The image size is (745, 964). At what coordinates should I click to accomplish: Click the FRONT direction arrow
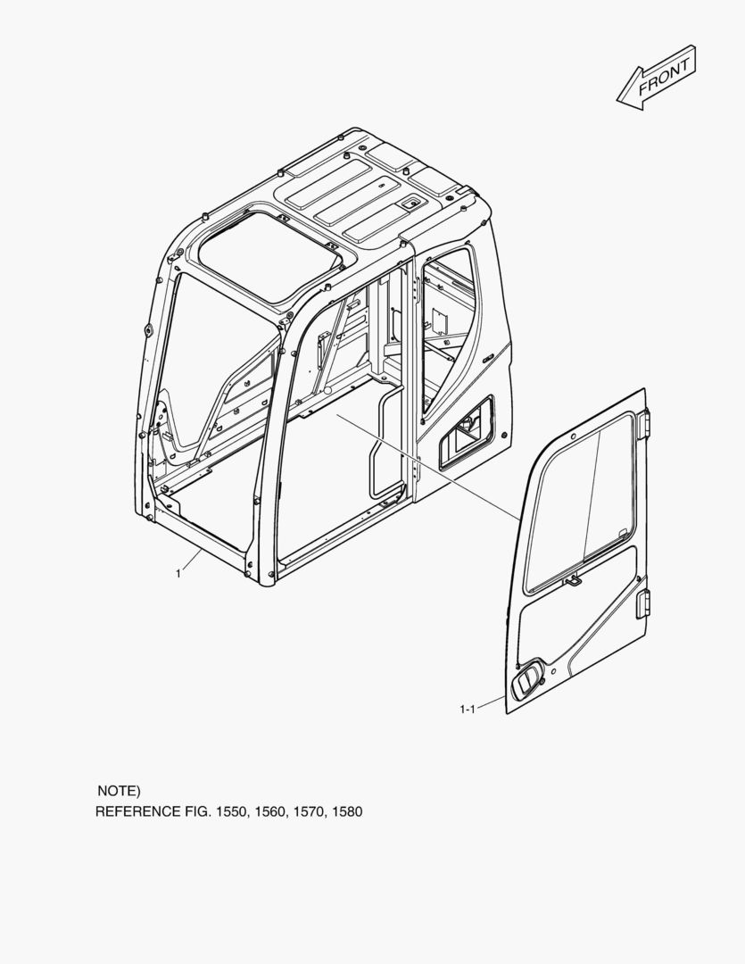[x=657, y=78]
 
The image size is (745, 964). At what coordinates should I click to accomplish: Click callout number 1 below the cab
[x=178, y=574]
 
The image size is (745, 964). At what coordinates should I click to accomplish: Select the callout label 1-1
[x=468, y=710]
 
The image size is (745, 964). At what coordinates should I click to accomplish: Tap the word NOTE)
[x=120, y=791]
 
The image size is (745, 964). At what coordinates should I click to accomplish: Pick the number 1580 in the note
[x=347, y=811]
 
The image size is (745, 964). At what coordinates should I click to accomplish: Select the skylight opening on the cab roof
[x=269, y=255]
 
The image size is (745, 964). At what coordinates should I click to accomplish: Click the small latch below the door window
[x=573, y=579]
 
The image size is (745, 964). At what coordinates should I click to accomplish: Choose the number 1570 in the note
[x=309, y=811]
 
